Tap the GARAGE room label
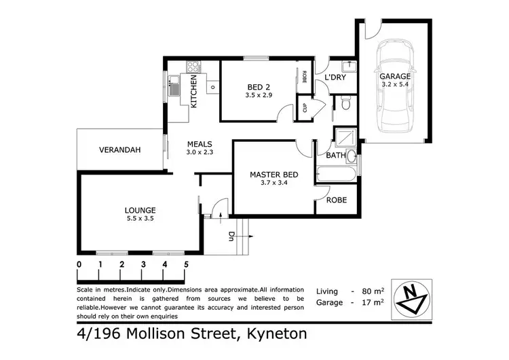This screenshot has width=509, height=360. (394, 77)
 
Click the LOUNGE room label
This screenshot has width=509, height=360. (140, 210)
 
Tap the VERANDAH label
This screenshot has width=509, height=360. (119, 150)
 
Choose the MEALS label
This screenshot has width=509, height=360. (201, 144)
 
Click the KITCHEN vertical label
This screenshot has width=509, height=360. (193, 92)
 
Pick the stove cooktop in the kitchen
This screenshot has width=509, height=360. (193, 67)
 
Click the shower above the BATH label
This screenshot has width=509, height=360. (345, 138)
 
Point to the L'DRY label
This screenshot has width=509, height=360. (335, 79)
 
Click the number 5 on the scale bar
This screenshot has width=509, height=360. (185, 264)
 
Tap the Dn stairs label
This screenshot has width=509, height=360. (231, 238)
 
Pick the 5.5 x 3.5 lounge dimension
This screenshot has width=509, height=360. (140, 219)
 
